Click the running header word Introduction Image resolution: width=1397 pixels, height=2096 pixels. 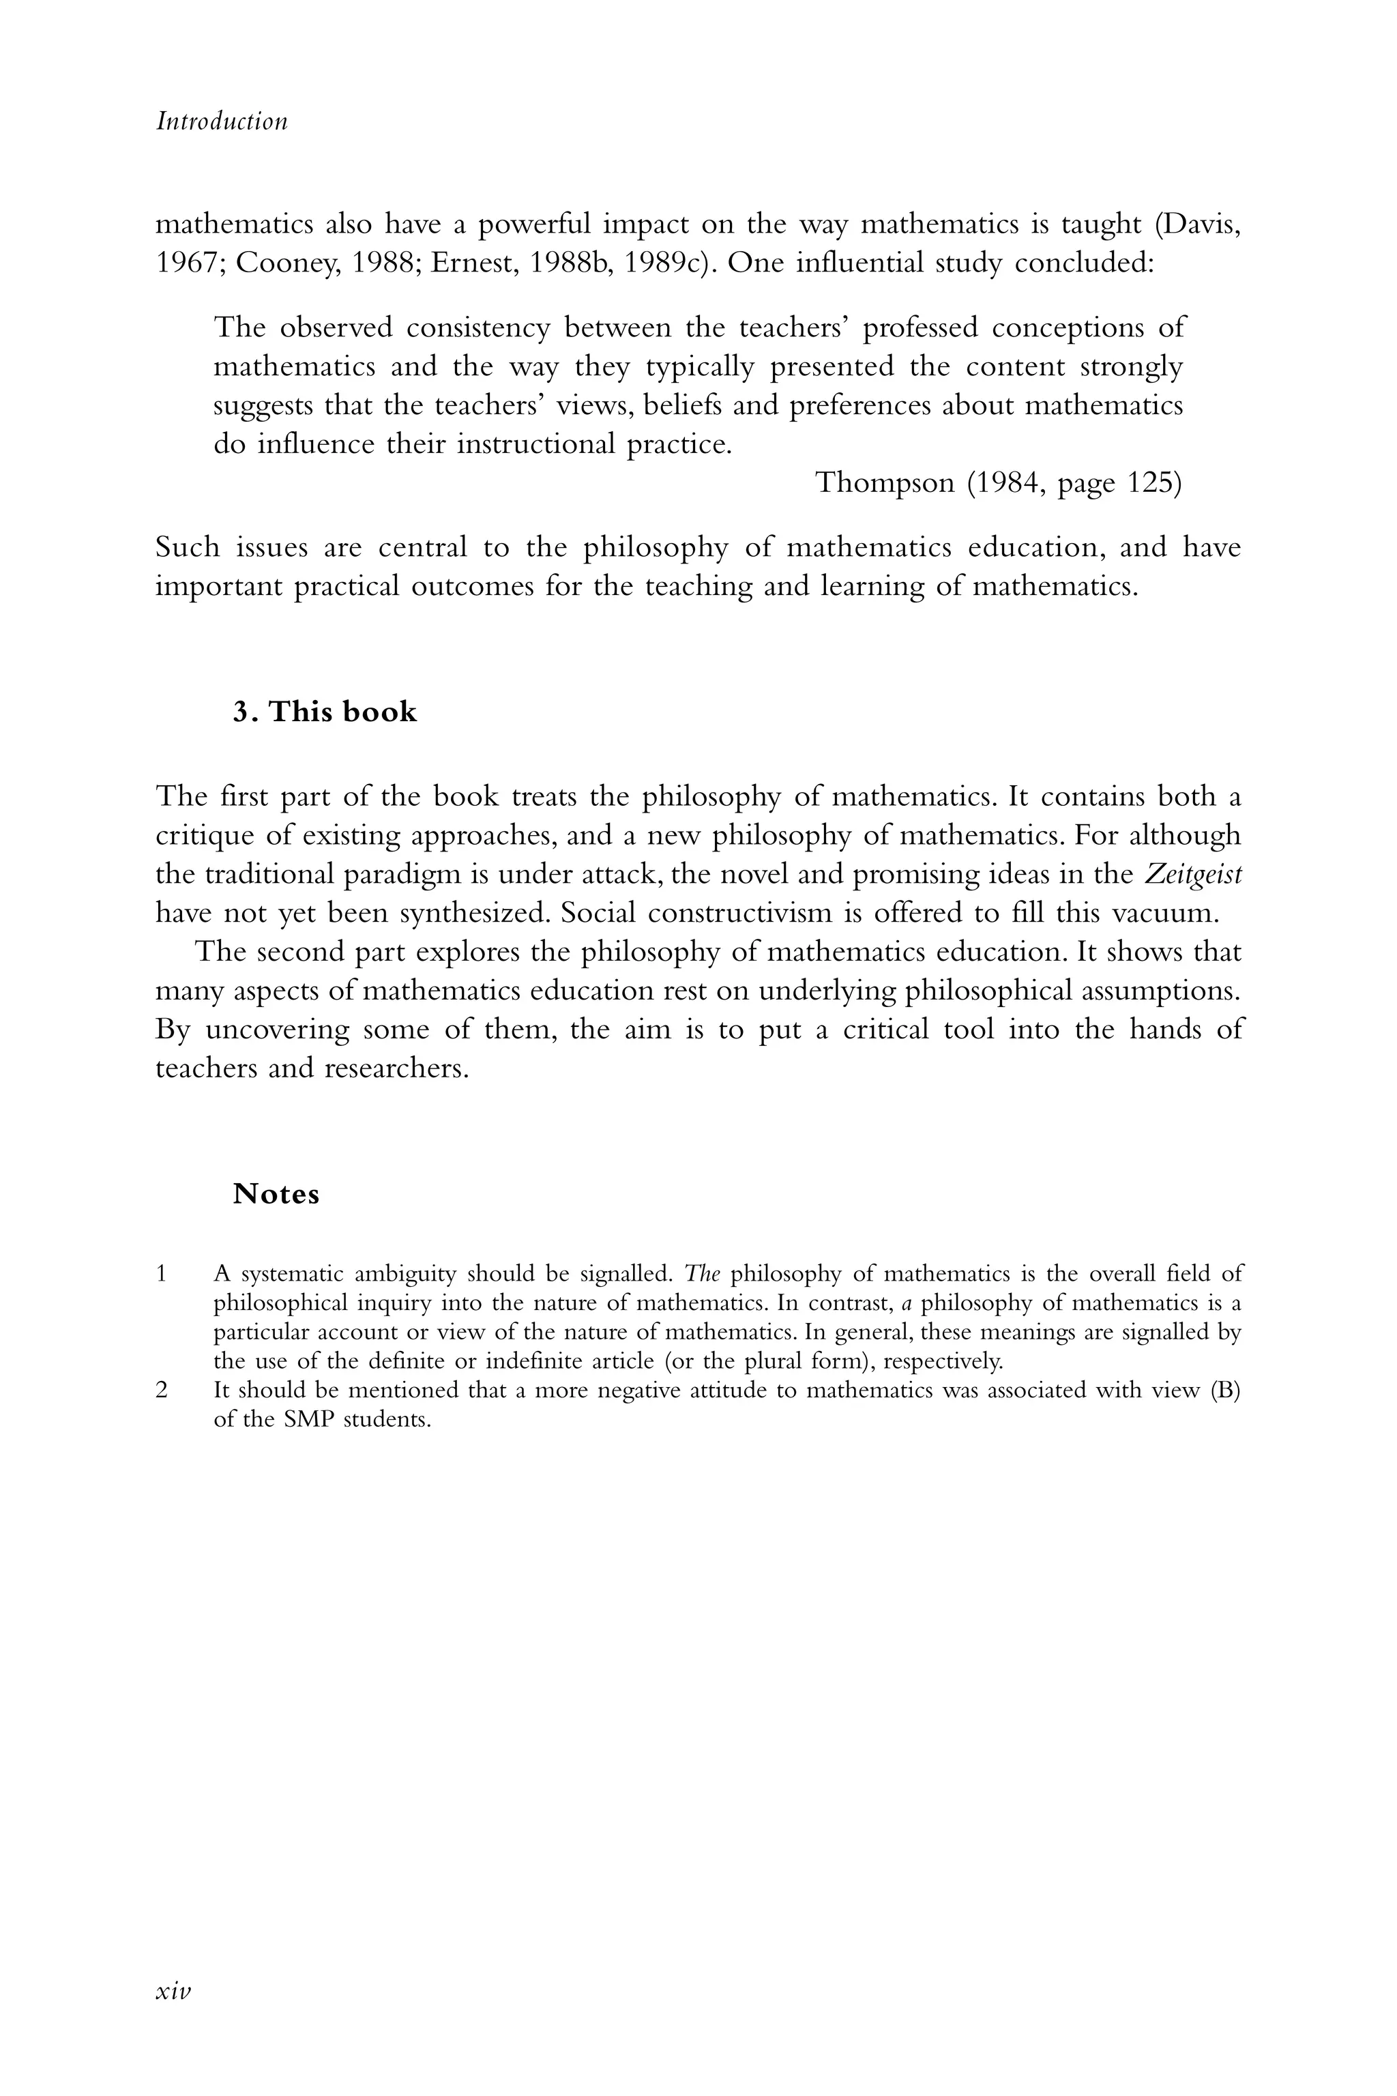[x=222, y=121]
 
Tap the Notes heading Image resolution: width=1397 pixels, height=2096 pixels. [x=276, y=1193]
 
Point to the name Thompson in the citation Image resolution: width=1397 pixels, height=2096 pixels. [x=884, y=482]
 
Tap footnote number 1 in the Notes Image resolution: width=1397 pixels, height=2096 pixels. [x=161, y=1273]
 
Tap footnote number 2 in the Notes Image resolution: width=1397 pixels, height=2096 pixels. [x=161, y=1391]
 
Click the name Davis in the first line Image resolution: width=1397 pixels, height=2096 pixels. [x=1196, y=224]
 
